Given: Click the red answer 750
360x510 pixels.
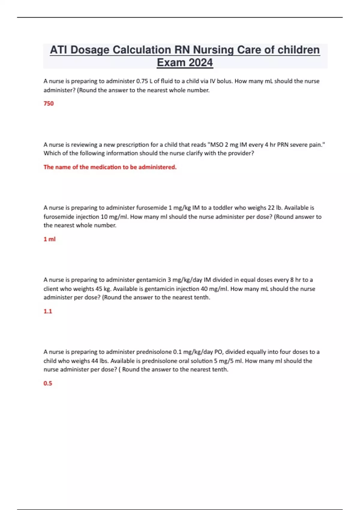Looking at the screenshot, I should pos(49,103).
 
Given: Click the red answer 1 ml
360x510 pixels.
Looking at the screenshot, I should pos(49,239).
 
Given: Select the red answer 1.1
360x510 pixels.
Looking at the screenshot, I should pos(48,311).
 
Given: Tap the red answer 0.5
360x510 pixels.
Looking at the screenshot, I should pos(48,383).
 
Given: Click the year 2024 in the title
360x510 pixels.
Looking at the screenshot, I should pos(201,62).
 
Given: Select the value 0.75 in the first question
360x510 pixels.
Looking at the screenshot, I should pos(142,81).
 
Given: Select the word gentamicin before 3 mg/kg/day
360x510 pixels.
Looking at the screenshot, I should pos(151,280).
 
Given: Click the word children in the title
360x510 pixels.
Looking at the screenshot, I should pos(298,50).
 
